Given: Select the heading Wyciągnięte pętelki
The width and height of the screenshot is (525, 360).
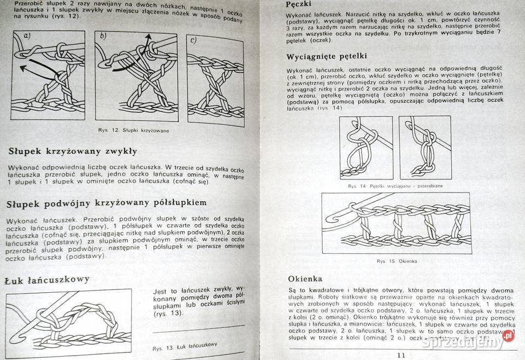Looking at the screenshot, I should [326, 56].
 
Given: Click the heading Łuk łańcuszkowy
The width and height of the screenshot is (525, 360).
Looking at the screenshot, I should [46, 280].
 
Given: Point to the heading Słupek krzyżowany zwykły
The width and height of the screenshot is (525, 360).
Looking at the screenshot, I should [72, 151].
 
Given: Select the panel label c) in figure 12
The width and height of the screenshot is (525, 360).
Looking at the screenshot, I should [193, 40].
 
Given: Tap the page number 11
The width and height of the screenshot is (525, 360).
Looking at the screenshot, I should [402, 355].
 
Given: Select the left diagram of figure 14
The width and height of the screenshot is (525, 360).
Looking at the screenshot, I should [365, 148].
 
